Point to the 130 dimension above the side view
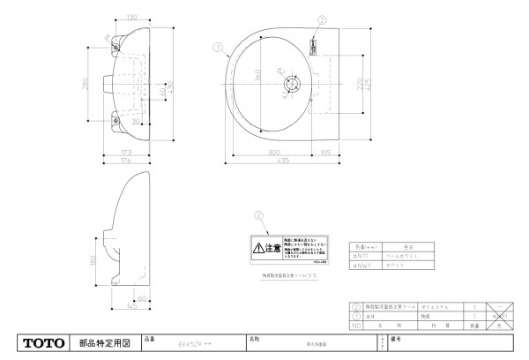[x=131, y=18]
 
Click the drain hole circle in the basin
[x=290, y=86]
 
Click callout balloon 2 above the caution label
[x=258, y=214]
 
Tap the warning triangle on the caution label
[x=257, y=249]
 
